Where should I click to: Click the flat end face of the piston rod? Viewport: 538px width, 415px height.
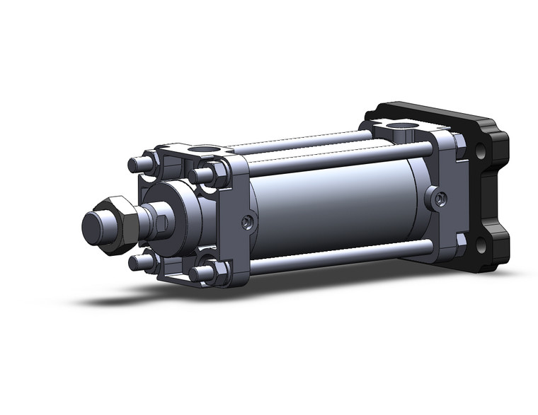(95, 226)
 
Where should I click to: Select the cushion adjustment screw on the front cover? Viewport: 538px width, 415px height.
(246, 223)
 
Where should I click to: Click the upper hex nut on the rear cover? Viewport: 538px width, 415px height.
(461, 145)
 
